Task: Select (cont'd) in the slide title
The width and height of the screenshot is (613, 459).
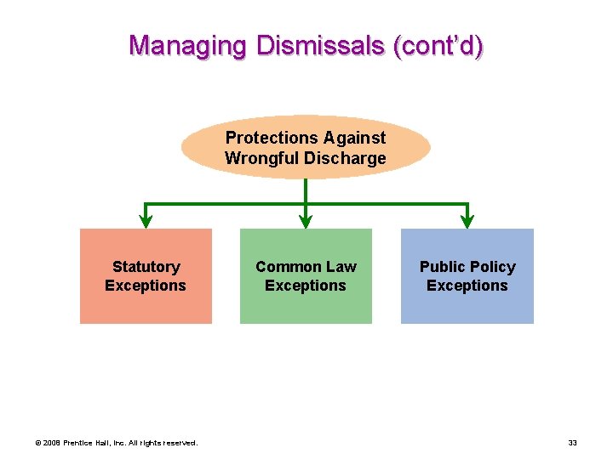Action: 438,45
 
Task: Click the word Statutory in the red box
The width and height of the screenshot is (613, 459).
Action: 146,267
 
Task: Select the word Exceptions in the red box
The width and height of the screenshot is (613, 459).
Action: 146,286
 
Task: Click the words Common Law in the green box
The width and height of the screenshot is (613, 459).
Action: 306,267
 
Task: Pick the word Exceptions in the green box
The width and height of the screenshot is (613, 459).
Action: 306,286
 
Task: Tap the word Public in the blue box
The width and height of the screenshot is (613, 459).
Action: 441,267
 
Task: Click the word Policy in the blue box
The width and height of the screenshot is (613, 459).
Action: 491,267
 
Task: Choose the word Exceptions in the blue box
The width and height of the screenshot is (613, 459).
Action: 467,286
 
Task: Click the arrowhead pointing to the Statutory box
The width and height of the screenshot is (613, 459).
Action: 146,221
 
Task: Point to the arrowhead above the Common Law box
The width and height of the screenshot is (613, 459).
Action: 306,221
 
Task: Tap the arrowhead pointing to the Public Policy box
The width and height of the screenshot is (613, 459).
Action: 467,221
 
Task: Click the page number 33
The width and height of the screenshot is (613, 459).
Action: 572,443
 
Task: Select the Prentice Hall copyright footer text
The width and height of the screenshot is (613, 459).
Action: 116,443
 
